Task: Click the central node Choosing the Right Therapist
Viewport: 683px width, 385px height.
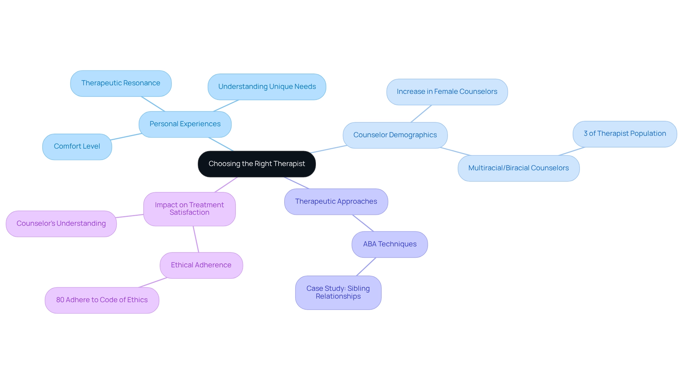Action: tap(256, 164)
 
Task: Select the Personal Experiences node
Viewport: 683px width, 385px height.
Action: tap(185, 124)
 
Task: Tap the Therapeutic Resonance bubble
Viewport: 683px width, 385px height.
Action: tap(121, 83)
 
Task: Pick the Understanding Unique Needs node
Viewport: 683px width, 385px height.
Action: tap(267, 87)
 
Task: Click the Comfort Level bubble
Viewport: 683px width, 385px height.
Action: tap(77, 146)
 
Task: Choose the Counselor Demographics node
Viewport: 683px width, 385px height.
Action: tap(395, 135)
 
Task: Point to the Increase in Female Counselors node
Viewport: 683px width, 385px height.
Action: tap(447, 92)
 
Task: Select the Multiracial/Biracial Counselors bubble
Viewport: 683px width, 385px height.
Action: tap(518, 168)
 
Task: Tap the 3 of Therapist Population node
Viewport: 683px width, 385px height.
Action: tap(625, 134)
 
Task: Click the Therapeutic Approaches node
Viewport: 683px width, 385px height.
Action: tap(336, 202)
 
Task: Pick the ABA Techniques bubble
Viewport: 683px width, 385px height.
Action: tap(390, 244)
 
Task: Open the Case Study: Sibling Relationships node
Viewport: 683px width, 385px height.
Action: tap(338, 293)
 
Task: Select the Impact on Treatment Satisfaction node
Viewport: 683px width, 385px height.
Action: tap(189, 209)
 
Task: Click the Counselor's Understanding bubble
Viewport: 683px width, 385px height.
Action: tap(61, 224)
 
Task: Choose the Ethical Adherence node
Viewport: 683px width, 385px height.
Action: tap(201, 265)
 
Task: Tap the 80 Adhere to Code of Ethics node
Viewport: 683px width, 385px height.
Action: tap(102, 300)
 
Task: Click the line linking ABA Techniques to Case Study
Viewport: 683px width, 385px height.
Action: tap(366, 267)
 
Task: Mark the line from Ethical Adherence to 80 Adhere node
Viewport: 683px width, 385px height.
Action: tap(153, 283)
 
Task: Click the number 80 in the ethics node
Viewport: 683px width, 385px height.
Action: tap(60, 300)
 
